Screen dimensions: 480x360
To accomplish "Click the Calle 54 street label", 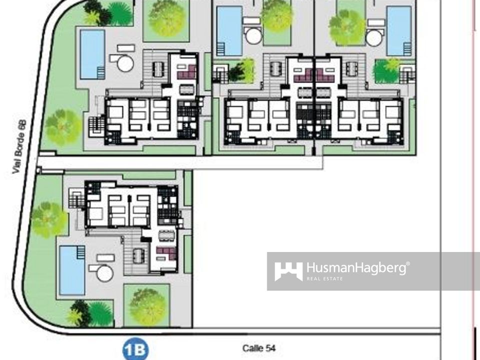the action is tap(259, 348).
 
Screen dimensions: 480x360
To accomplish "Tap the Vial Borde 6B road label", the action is tap(19, 147).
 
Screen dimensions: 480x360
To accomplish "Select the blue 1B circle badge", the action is tap(135, 349).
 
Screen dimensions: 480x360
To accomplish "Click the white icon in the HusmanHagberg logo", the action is tap(288, 271).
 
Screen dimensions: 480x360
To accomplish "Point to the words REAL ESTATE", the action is tap(325, 278).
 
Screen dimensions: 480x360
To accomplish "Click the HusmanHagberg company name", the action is tap(356, 268).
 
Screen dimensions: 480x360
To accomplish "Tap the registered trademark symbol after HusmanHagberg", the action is tap(408, 264).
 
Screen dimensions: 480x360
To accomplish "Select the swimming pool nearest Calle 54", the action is tap(72, 270).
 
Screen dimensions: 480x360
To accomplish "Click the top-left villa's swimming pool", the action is tap(92, 54).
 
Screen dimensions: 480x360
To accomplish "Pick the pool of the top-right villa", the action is tap(399, 31).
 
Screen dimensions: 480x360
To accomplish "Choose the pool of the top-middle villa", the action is tap(229, 31).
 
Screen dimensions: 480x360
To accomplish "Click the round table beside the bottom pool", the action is tap(104, 273).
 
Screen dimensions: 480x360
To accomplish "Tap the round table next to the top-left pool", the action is tap(125, 63).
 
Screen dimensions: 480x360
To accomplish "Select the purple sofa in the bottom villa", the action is tap(166, 253).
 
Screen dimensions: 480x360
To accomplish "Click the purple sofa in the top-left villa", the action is tap(187, 72).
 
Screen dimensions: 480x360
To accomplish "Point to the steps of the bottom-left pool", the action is tap(81, 252).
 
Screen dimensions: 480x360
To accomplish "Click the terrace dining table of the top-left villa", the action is tap(158, 69).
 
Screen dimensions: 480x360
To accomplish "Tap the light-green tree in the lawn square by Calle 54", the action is tap(147, 306).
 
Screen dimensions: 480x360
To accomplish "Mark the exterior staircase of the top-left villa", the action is tap(96, 126).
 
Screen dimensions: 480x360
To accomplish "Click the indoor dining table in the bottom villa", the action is tap(167, 235).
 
